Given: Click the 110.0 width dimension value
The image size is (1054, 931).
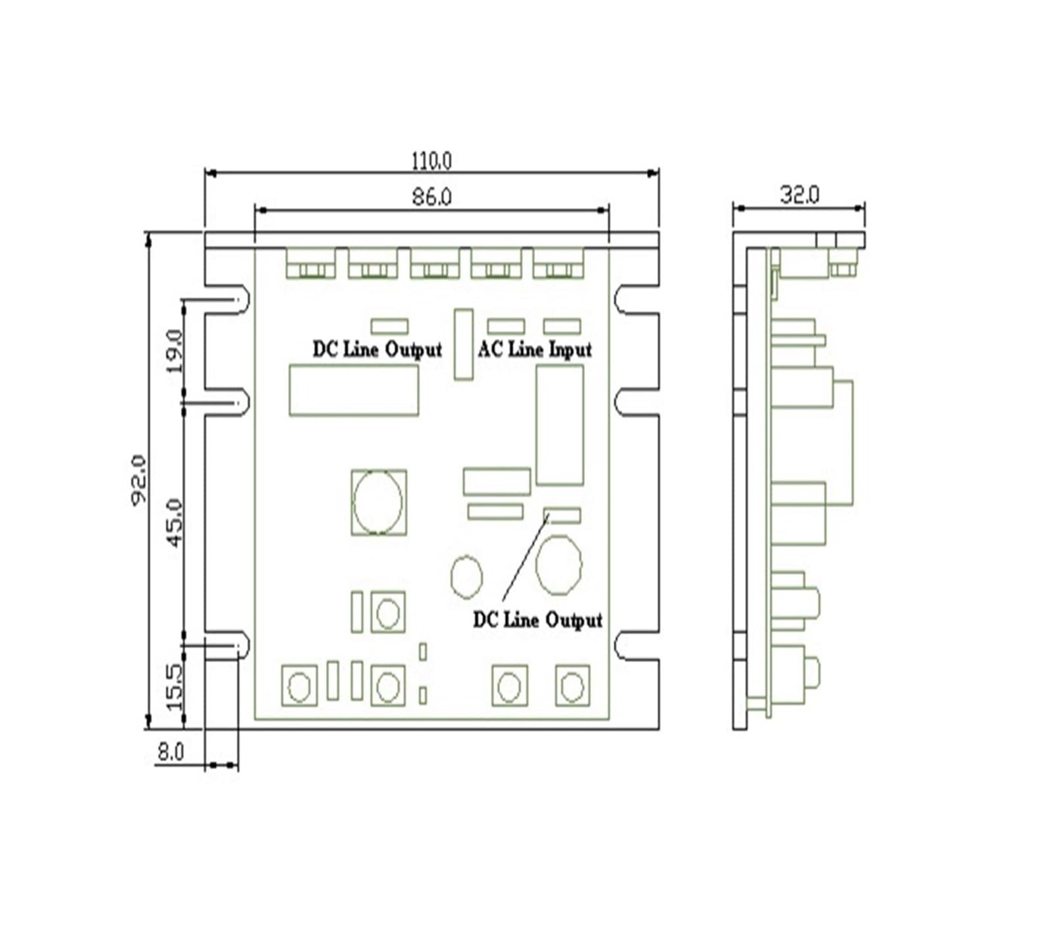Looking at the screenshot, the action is (x=431, y=160).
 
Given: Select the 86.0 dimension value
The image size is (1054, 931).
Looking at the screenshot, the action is (x=431, y=196).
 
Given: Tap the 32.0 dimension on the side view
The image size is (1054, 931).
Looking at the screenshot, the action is (x=800, y=195).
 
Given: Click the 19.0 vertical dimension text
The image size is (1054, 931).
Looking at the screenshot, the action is (x=175, y=351).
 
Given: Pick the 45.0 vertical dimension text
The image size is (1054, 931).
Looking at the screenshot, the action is (x=175, y=523).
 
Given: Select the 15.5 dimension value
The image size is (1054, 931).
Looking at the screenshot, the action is (x=175, y=687).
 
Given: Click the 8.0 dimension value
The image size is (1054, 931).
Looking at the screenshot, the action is (x=170, y=751).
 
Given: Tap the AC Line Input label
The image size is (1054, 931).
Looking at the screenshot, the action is (x=535, y=349).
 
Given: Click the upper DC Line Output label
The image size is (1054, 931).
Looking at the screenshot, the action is (x=377, y=349).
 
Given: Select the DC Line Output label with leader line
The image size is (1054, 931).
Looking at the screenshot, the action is (x=538, y=620).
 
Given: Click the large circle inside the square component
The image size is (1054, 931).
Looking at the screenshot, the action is (x=377, y=502).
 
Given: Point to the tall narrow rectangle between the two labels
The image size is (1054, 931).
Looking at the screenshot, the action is (x=463, y=344).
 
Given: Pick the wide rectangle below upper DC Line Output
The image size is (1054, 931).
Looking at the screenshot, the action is (x=354, y=390).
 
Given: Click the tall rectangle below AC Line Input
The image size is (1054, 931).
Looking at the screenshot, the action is (x=560, y=425).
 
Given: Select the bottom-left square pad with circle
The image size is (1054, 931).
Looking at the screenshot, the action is (x=299, y=686).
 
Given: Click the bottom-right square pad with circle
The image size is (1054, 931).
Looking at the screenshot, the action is (x=572, y=686).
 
